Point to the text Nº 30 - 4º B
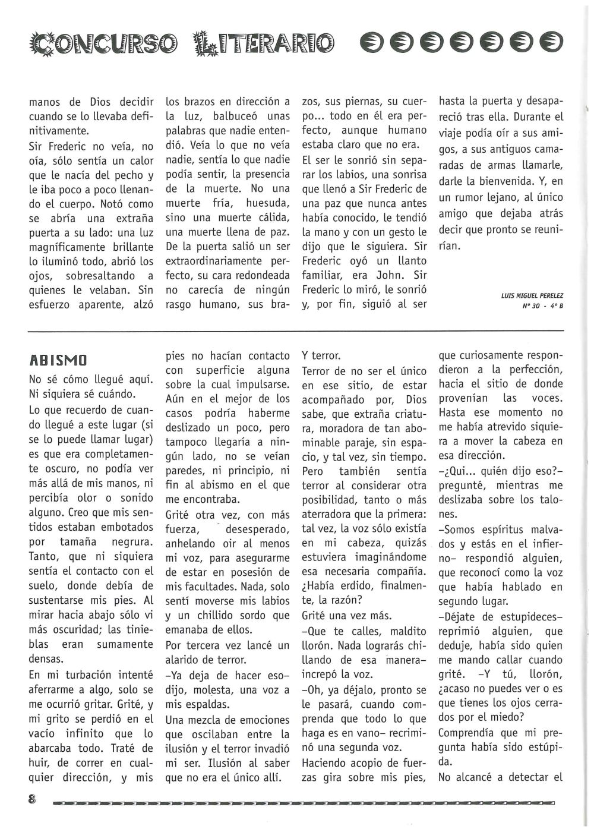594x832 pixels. (542, 306)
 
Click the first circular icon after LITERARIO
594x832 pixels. (370, 41)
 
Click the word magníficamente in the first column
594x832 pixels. (71, 247)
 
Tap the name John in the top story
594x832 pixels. (390, 276)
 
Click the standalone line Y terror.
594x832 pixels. (321, 356)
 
